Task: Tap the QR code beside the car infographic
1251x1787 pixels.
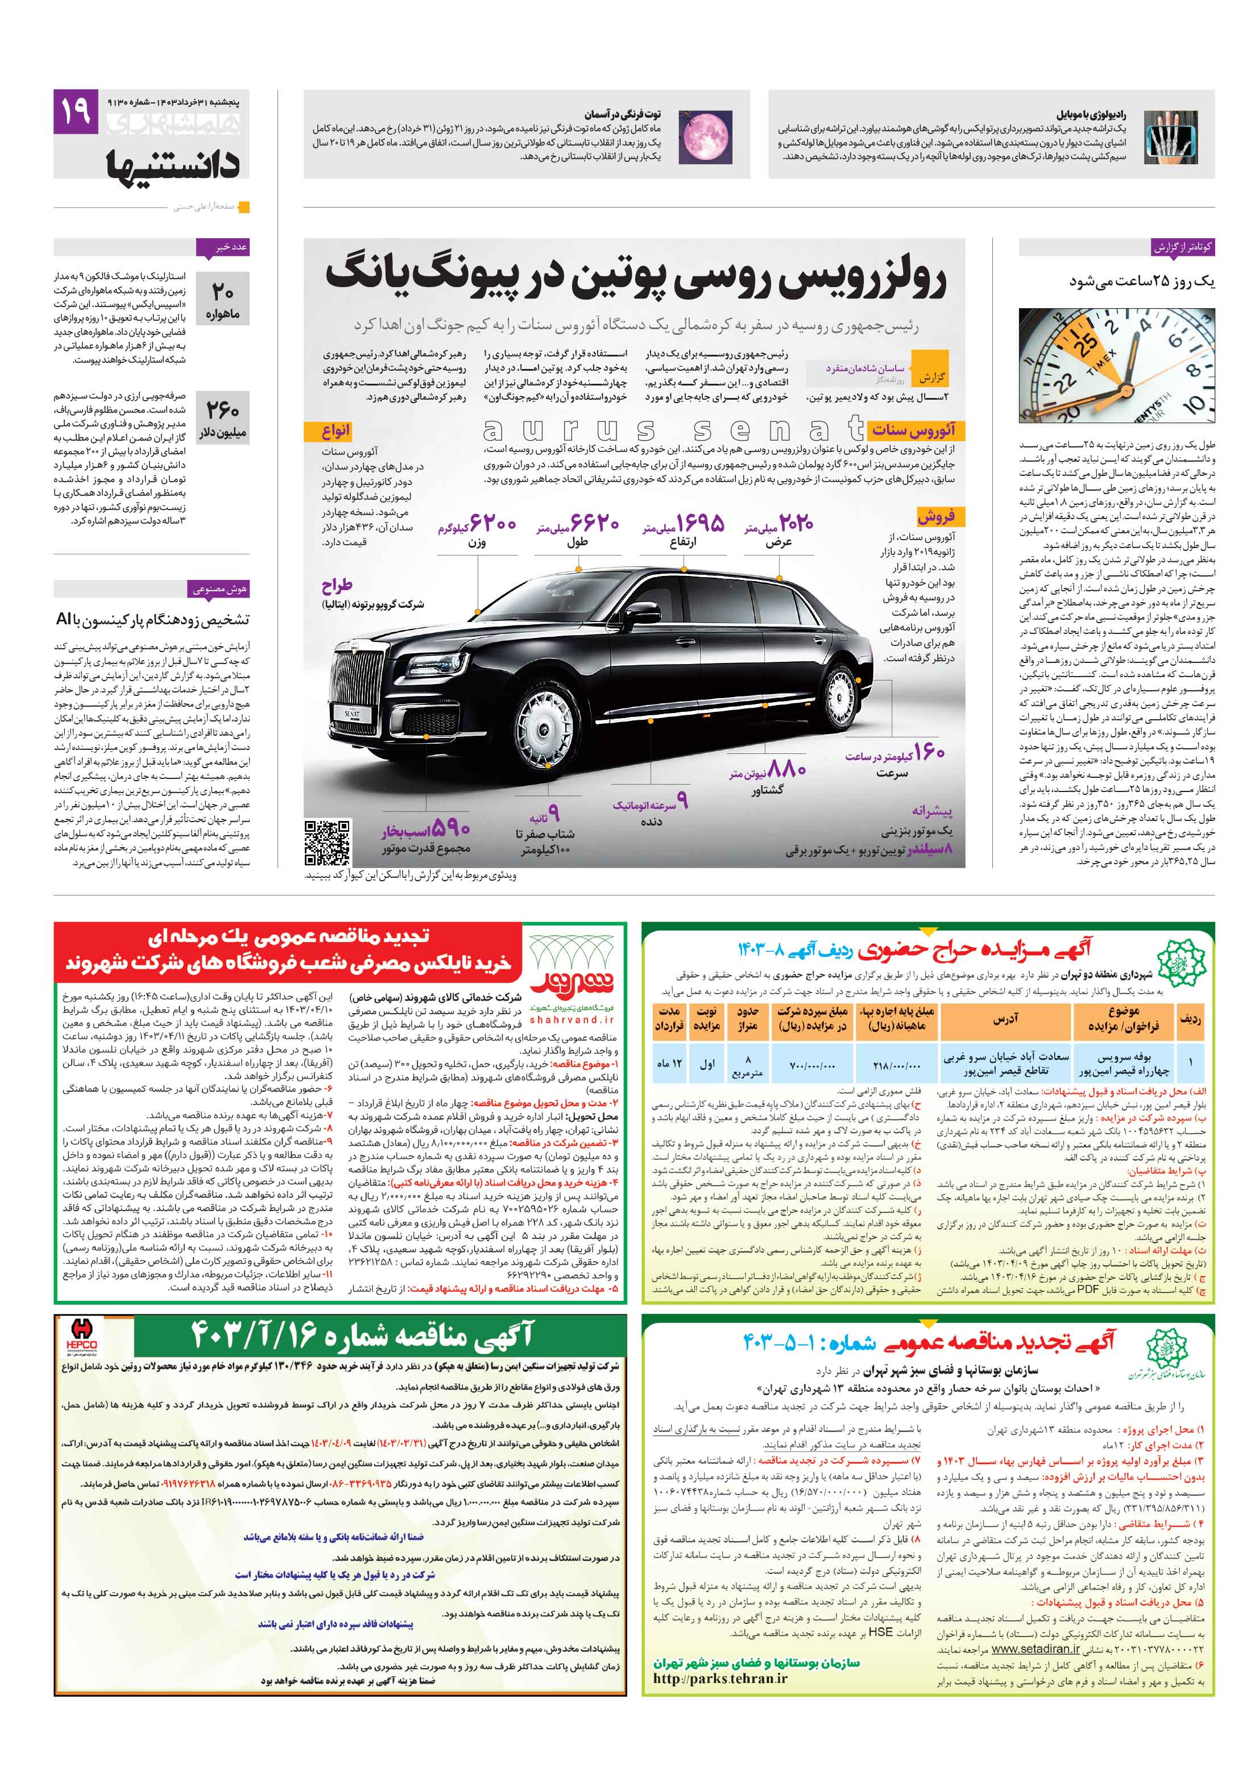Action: [327, 842]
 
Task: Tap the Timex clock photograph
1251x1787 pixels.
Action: [1116, 366]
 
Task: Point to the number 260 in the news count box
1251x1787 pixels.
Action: [223, 409]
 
